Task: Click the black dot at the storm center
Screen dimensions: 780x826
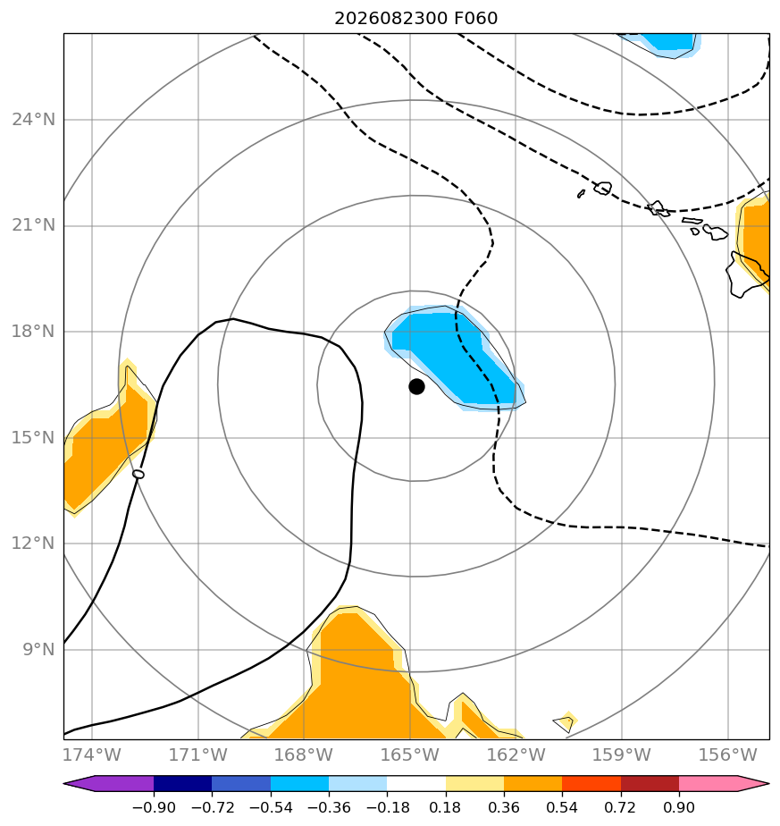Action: pyautogui.click(x=416, y=387)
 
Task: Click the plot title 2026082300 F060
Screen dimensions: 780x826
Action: pyautogui.click(x=415, y=19)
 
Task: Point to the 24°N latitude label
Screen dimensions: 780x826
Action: pyautogui.click(x=33, y=120)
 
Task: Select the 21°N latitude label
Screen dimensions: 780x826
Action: pyautogui.click(x=33, y=225)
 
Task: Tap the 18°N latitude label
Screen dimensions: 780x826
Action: pyautogui.click(x=33, y=332)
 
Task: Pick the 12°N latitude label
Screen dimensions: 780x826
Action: pyautogui.click(x=33, y=544)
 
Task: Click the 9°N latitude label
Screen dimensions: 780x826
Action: pyautogui.click(x=38, y=650)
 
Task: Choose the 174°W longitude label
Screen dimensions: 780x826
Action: pyautogui.click(x=92, y=754)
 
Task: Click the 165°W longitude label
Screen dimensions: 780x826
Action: pyautogui.click(x=410, y=754)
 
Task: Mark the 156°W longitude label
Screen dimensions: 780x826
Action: pyautogui.click(x=727, y=754)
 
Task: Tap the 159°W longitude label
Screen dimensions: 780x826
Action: pyautogui.click(x=622, y=754)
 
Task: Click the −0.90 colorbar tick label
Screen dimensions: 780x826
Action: pyautogui.click(x=154, y=807)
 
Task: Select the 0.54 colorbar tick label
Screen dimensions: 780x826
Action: pyautogui.click(x=562, y=807)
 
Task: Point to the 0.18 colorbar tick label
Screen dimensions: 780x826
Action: pyautogui.click(x=446, y=807)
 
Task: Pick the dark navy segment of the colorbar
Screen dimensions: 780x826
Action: pyautogui.click(x=183, y=783)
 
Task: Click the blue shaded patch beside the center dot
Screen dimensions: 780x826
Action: pyautogui.click(x=453, y=358)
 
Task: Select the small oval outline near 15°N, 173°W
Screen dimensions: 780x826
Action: pyautogui.click(x=138, y=474)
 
